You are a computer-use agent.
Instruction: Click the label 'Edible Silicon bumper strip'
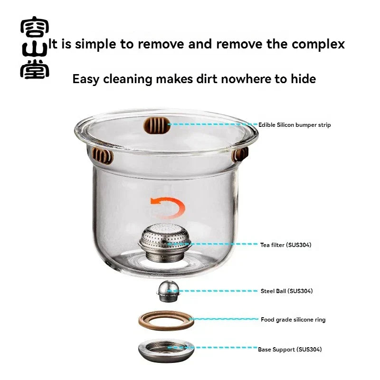294,125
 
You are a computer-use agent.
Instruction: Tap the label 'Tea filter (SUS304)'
285,245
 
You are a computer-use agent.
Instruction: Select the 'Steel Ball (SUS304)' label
286,291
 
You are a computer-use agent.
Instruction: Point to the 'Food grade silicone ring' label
293,320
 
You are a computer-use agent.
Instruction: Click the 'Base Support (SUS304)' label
290,350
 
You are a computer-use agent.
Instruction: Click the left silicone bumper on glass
103,155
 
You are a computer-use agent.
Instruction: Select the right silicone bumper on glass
240,154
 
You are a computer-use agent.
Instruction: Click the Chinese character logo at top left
34,49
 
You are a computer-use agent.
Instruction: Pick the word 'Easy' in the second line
86,79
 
